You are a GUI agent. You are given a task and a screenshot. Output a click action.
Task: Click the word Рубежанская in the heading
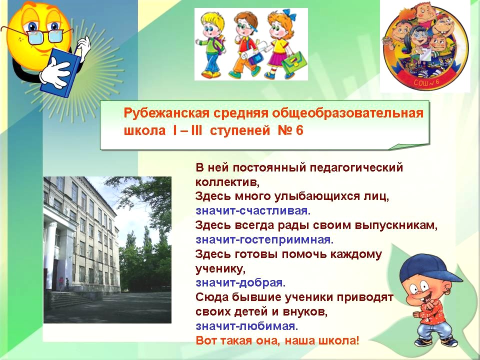(x=166, y=113)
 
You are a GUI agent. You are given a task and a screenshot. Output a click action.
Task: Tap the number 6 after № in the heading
(x=299, y=130)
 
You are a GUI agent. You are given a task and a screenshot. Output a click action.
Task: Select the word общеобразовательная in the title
(x=348, y=113)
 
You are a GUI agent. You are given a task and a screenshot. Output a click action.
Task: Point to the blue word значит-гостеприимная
(x=264, y=239)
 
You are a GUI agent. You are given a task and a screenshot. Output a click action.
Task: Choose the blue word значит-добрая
(x=240, y=282)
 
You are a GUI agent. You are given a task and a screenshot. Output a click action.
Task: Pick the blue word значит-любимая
(x=246, y=326)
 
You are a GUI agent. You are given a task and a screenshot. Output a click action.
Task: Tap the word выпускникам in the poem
(x=396, y=225)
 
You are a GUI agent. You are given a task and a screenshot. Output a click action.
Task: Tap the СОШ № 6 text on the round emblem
(x=426, y=82)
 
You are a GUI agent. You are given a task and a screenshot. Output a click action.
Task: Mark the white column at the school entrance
(x=50, y=255)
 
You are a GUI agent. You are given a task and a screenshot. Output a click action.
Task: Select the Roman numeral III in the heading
(x=196, y=130)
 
